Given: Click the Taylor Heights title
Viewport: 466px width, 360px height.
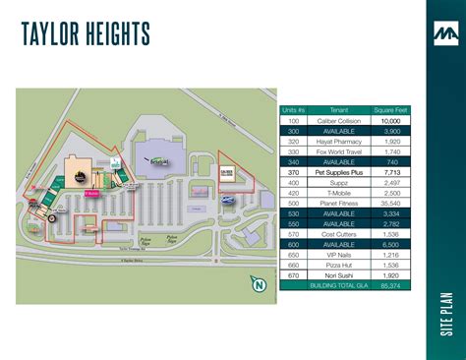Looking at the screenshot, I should click(85, 35).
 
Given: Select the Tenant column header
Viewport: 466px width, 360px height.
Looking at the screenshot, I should click(337, 109).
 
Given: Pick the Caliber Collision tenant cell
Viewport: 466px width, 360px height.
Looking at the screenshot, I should click(337, 120).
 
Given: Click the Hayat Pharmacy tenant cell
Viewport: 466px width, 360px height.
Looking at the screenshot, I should click(337, 141).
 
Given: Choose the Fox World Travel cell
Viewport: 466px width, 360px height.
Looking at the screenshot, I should click(337, 151).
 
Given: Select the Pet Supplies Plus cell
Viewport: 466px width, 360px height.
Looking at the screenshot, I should click(337, 172).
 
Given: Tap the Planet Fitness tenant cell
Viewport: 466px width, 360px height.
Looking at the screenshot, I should click(337, 203).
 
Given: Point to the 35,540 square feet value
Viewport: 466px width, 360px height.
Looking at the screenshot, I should click(390, 203).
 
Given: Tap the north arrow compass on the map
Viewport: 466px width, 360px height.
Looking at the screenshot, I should click(259, 286).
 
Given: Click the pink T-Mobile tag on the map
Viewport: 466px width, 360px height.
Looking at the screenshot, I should click(91, 194).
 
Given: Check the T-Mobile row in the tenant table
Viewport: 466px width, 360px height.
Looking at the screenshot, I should click(337, 193).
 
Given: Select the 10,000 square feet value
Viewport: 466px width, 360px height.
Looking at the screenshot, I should click(390, 120).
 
